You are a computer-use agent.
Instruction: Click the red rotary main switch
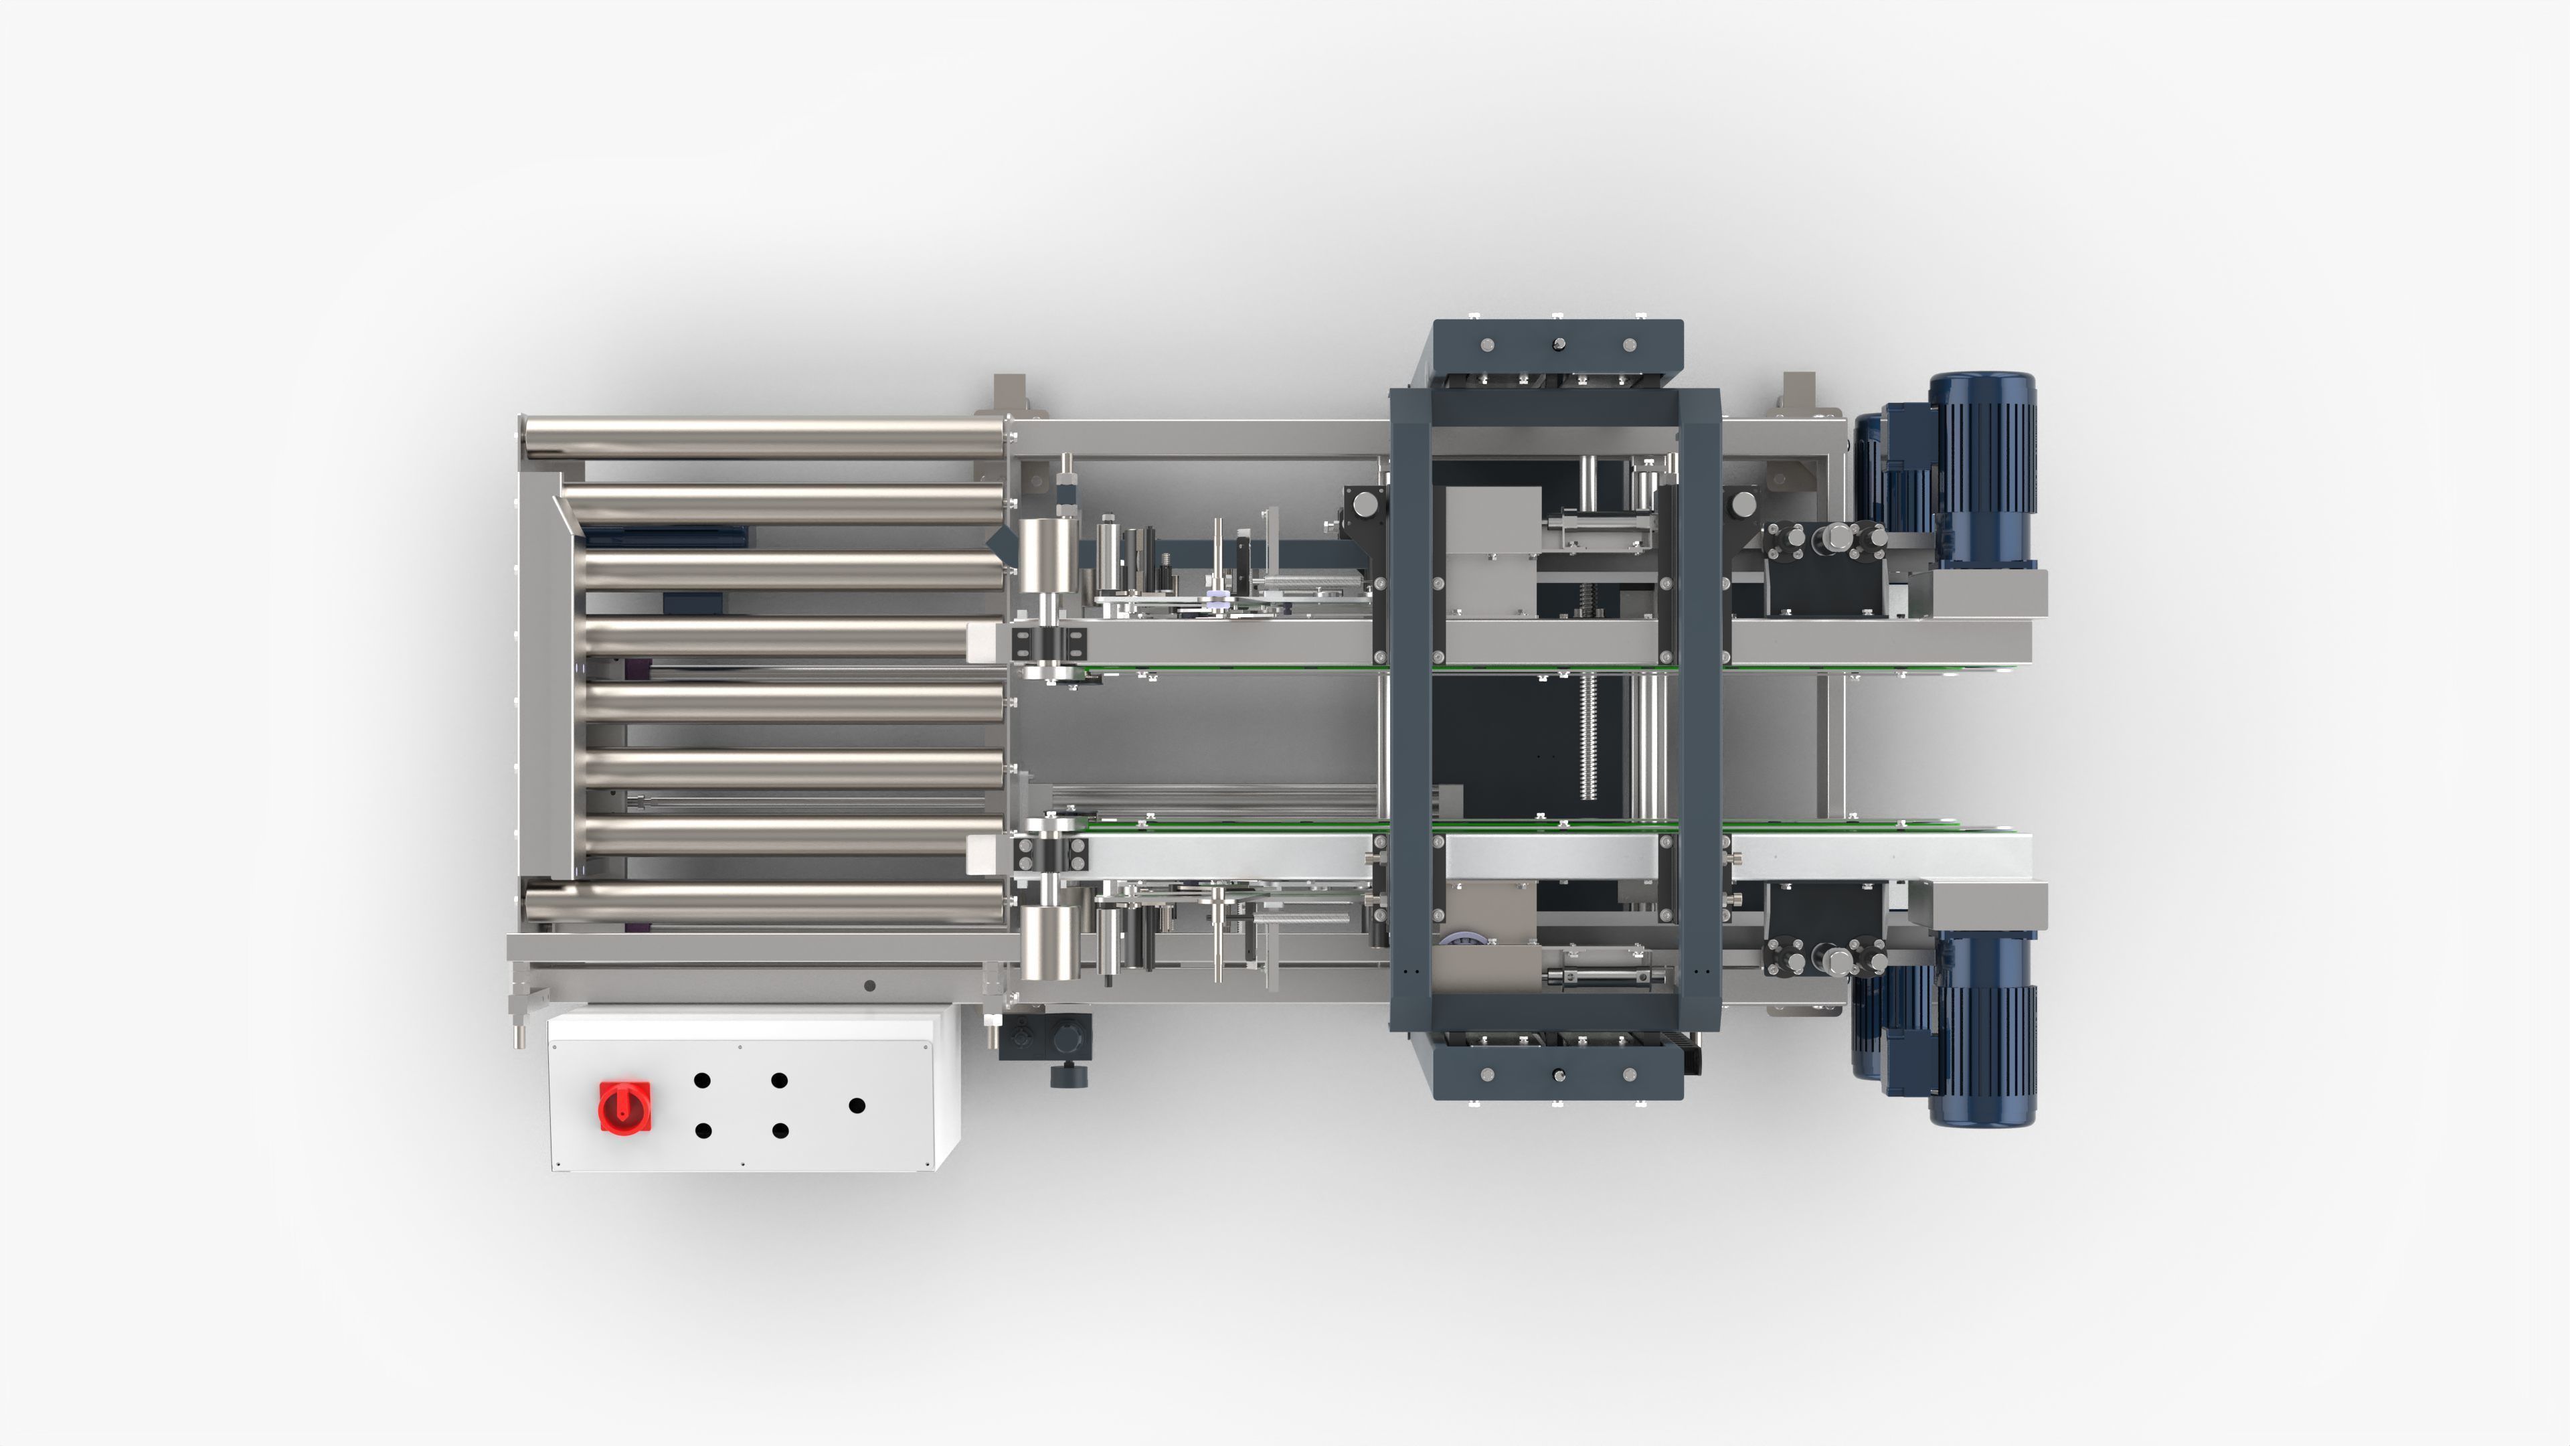(624, 1107)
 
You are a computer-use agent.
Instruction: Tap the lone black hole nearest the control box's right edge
(856, 1106)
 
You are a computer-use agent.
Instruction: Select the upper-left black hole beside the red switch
(701, 1080)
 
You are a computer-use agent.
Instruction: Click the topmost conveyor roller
(763, 438)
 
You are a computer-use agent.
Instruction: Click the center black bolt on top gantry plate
(1558, 344)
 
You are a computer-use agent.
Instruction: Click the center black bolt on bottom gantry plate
(1558, 1074)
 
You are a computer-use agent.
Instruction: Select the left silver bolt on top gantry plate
(1488, 344)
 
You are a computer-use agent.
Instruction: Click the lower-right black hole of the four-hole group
(780, 1131)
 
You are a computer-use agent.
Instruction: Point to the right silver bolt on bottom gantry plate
(1629, 1074)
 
